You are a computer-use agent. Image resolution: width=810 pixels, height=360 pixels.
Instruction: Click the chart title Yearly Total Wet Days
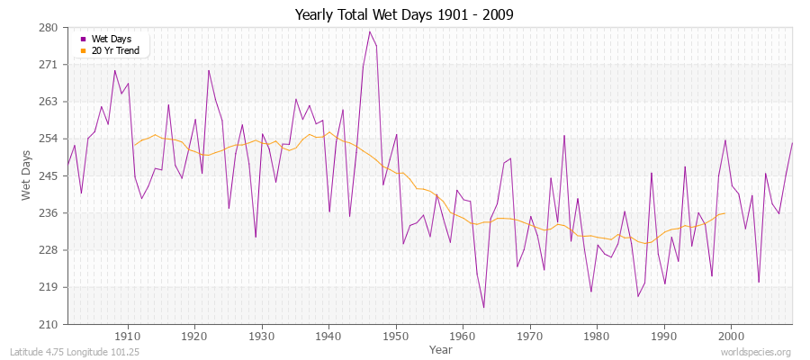tap(405, 15)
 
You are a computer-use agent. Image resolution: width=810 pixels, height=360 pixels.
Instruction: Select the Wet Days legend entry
tap(110, 40)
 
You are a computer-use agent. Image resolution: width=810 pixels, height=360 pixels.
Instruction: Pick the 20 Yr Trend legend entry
tap(115, 51)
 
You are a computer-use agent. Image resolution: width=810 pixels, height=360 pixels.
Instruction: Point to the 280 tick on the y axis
tap(49, 28)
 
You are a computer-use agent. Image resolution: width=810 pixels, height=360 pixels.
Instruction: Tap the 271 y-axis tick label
tap(49, 65)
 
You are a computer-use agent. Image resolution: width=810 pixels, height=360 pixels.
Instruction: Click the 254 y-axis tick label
tap(49, 139)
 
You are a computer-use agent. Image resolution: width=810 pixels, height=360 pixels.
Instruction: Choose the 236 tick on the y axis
tap(49, 213)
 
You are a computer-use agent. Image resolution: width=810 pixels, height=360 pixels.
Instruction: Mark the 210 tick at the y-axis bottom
tap(49, 324)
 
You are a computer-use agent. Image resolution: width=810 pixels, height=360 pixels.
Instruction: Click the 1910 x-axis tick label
tap(127, 336)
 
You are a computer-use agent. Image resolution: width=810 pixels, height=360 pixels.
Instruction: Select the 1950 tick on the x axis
tap(395, 336)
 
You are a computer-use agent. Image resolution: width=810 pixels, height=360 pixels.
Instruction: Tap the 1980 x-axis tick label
tap(597, 336)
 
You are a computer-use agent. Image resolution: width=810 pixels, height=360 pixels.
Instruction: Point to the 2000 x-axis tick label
tap(731, 336)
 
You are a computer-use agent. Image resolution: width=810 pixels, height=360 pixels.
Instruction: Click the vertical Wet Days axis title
tap(26, 175)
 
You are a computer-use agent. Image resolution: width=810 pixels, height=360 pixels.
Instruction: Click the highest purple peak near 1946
tap(369, 31)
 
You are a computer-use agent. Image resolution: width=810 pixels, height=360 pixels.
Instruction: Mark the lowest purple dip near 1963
tap(483, 308)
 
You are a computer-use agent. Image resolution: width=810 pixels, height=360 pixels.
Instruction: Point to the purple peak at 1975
tap(564, 136)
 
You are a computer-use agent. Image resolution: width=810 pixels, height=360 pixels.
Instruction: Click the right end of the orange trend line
tap(725, 213)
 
